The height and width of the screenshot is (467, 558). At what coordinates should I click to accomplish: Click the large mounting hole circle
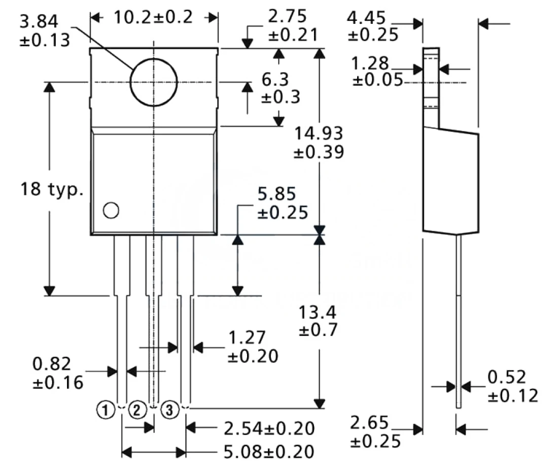(x=153, y=82)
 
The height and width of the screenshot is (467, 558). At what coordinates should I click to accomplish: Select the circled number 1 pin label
(x=105, y=410)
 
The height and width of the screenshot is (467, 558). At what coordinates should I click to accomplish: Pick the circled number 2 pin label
(x=137, y=410)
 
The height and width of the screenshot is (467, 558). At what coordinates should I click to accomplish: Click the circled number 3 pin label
(x=169, y=410)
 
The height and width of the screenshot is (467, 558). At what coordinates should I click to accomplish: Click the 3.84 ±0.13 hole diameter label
(x=45, y=30)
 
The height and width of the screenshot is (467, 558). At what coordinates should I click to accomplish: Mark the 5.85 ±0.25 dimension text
(x=283, y=203)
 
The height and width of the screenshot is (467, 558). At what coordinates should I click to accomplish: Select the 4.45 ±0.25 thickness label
(x=373, y=26)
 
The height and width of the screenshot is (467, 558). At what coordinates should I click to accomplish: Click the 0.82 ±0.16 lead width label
(x=58, y=373)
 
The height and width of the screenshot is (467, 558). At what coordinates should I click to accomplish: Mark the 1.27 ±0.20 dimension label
(x=253, y=347)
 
